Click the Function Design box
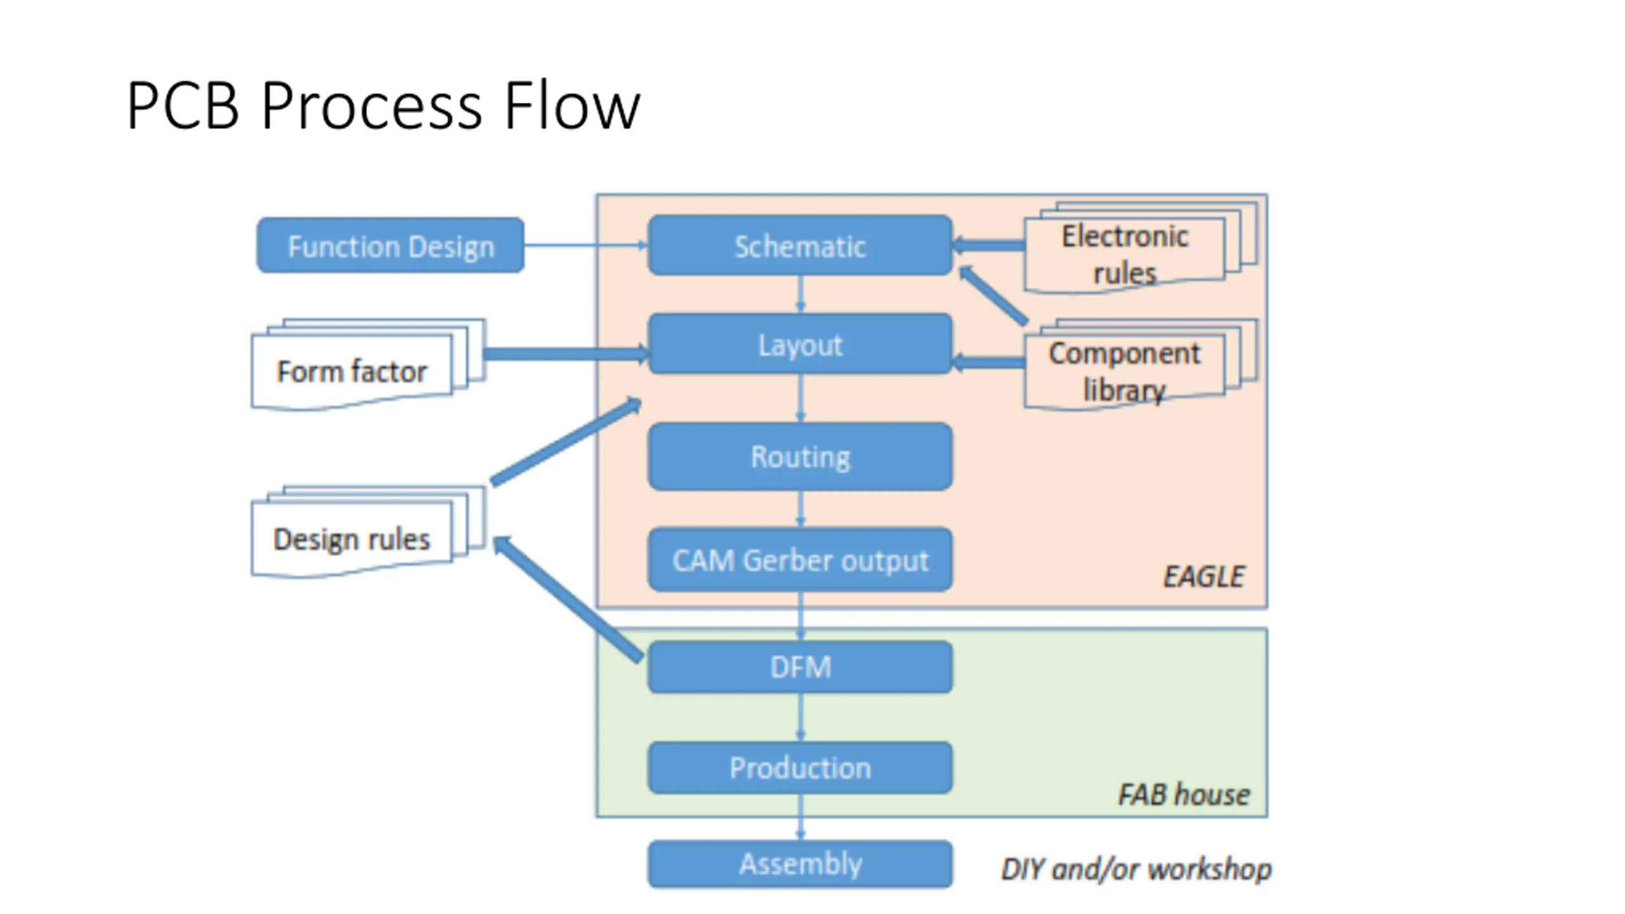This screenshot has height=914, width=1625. (x=390, y=246)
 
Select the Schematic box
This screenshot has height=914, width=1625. (x=800, y=246)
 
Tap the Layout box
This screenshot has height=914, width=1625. (x=800, y=344)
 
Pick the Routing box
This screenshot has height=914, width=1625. (x=800, y=456)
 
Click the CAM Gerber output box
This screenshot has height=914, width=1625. (x=800, y=560)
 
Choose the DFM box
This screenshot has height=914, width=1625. (x=800, y=666)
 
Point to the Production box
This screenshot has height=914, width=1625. (x=800, y=767)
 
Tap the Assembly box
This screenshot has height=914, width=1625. (x=800, y=864)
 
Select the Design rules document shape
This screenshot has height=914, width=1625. (x=352, y=538)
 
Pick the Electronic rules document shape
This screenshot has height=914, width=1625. (x=1125, y=254)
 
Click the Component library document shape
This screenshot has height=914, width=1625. (x=1125, y=371)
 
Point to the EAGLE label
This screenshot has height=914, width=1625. (x=1204, y=576)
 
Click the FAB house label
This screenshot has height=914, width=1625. (x=1184, y=794)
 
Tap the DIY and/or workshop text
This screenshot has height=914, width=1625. (x=1136, y=869)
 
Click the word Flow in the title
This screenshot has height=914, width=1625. (x=571, y=106)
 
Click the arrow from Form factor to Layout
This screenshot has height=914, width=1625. (x=565, y=354)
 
